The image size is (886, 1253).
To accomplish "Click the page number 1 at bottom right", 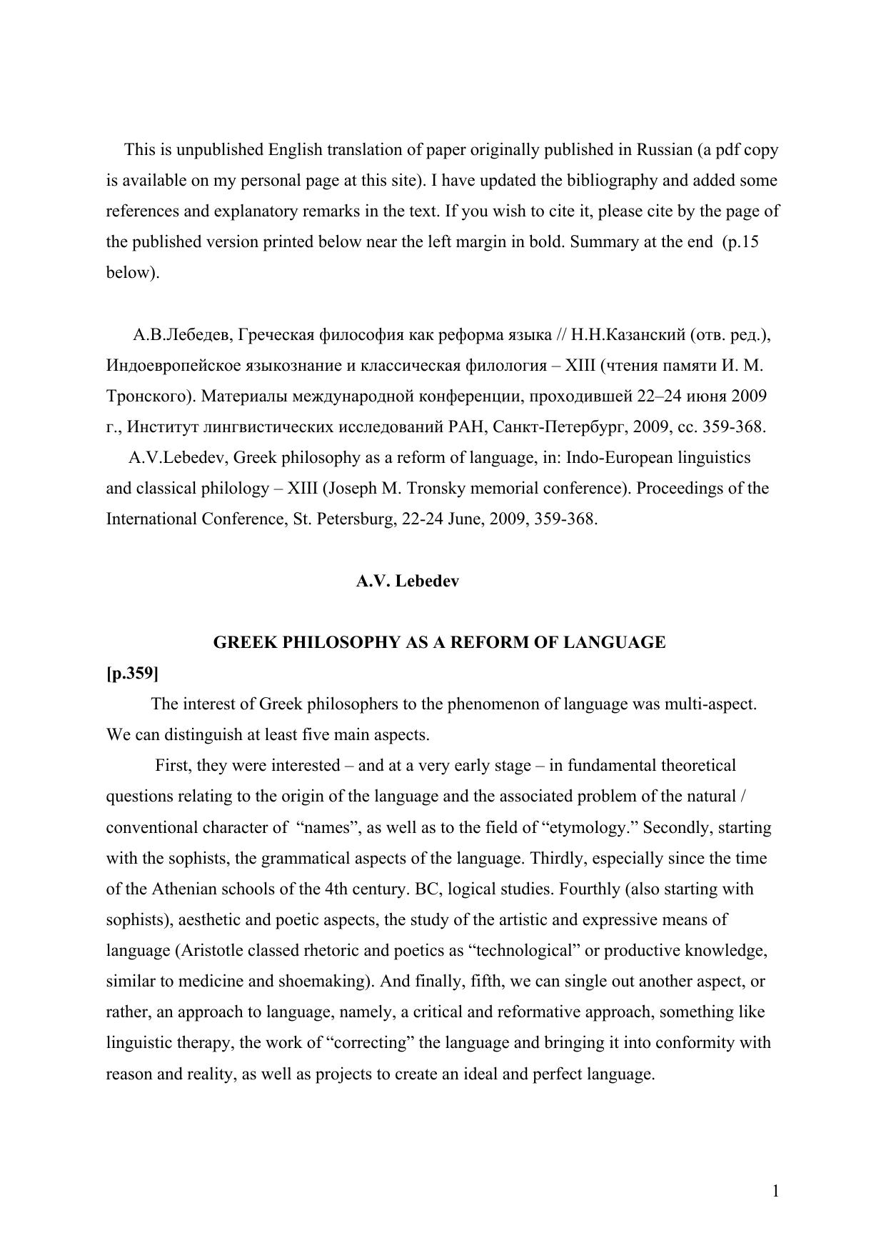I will tap(775, 1191).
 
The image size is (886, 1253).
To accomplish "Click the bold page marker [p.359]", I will tap(132, 674).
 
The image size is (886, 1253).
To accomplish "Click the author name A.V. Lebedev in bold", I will tap(408, 581).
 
